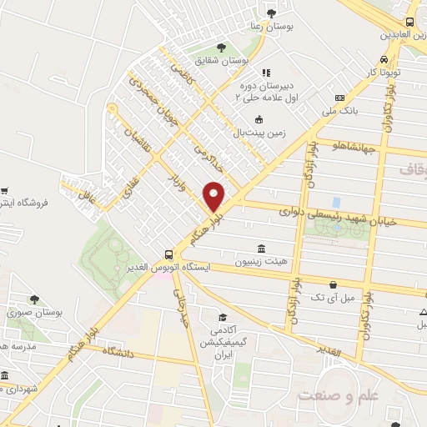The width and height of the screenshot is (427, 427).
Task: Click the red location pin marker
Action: pos(214,195)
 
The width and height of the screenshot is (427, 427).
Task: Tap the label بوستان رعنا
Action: pos(272,27)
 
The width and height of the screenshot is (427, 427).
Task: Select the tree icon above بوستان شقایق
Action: pos(221,48)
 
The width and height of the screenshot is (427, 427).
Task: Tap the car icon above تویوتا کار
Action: pos(382,60)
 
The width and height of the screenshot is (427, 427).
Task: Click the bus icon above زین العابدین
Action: pos(409,22)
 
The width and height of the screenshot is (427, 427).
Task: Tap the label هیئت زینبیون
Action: pos(262,261)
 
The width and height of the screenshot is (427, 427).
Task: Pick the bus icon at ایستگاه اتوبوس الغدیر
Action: pos(169,254)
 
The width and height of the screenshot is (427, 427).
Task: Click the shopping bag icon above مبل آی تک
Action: pos(334,284)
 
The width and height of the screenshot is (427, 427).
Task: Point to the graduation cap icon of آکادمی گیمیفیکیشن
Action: pos(223,317)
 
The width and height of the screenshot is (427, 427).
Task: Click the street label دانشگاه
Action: pos(120,353)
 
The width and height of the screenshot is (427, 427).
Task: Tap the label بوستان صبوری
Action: pos(34,312)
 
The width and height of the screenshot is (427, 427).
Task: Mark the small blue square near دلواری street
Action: pos(336,202)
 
